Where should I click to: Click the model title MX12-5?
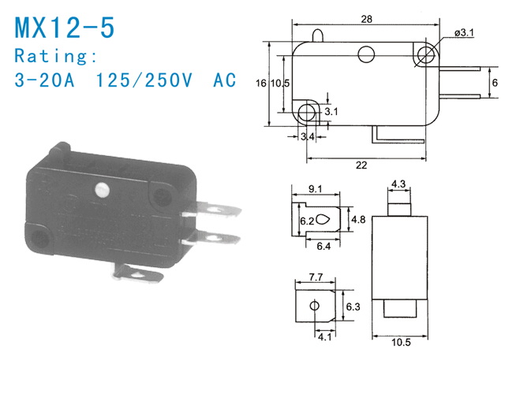pos(65,27)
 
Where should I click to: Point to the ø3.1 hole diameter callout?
pos(464,33)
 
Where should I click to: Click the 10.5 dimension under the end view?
pos(400,342)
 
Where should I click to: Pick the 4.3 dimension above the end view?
pos(399,184)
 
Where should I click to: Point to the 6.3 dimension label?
pos(353,306)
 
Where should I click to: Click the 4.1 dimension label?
pos(324,338)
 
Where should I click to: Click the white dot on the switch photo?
pos(100,189)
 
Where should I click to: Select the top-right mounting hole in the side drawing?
pos(427,54)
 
